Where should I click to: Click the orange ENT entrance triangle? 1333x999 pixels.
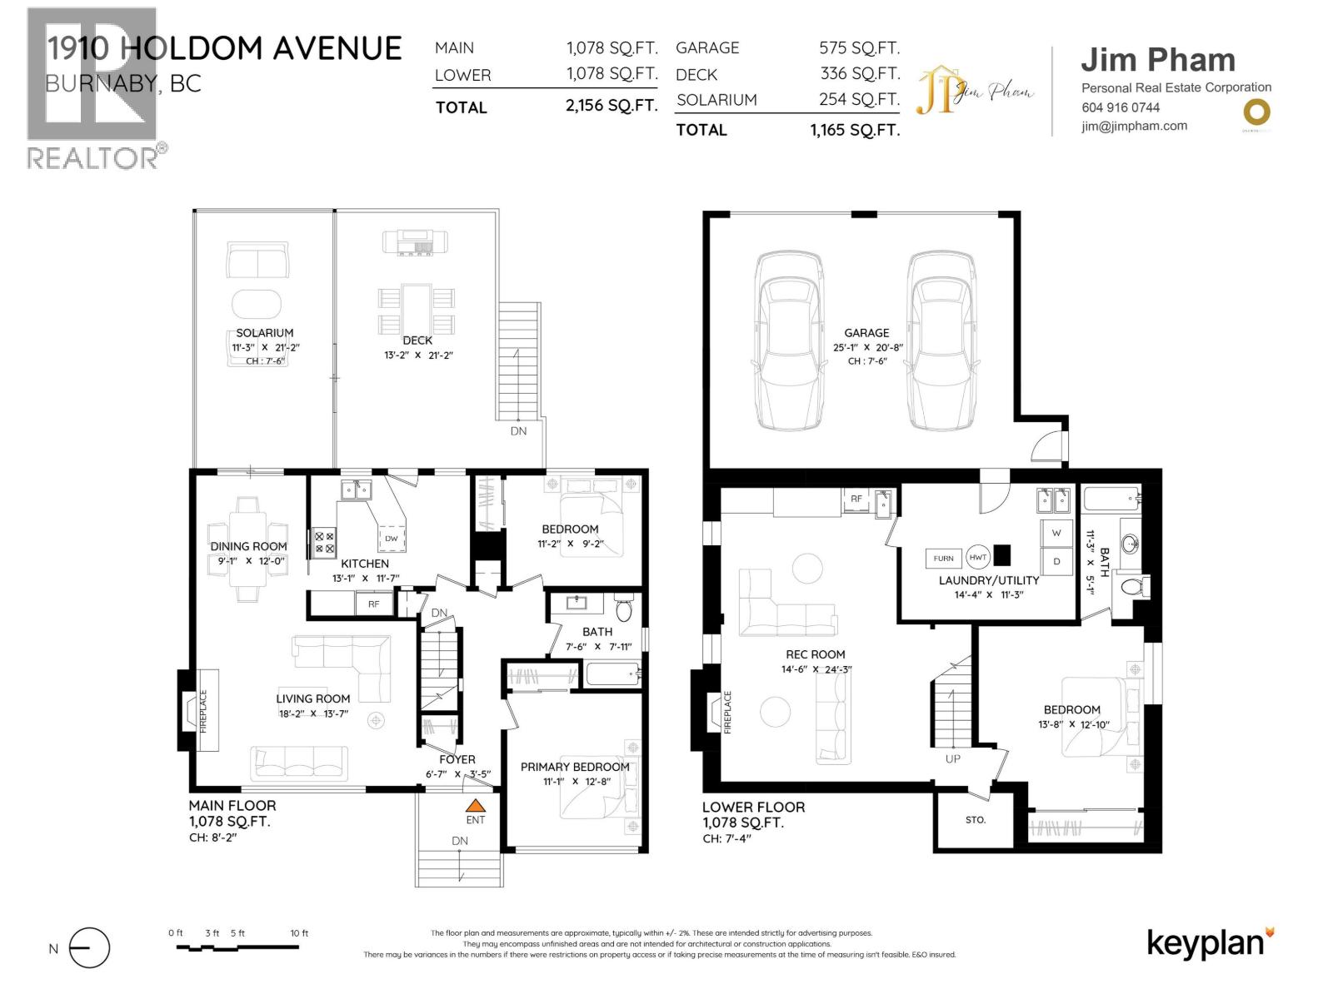(x=475, y=806)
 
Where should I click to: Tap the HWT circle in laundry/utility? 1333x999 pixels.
(x=977, y=558)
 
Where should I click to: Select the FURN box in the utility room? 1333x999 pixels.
(x=943, y=559)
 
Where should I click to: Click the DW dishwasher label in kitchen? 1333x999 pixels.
(x=391, y=539)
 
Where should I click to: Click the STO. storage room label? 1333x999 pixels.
(x=976, y=820)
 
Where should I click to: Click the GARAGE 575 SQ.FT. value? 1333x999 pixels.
(x=859, y=48)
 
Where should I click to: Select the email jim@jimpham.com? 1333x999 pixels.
(x=1134, y=127)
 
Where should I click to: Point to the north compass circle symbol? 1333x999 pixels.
(x=89, y=948)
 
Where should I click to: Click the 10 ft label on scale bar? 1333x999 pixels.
(x=299, y=933)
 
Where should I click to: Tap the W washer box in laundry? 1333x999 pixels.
(x=1056, y=533)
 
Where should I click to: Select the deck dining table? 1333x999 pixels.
(x=417, y=308)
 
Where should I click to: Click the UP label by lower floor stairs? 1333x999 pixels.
(x=952, y=758)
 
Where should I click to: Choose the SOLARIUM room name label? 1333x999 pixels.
(x=264, y=333)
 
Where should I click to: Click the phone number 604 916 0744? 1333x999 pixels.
(x=1121, y=107)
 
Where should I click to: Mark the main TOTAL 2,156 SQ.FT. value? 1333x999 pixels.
(x=611, y=106)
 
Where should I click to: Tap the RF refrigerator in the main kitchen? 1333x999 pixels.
(x=373, y=604)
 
